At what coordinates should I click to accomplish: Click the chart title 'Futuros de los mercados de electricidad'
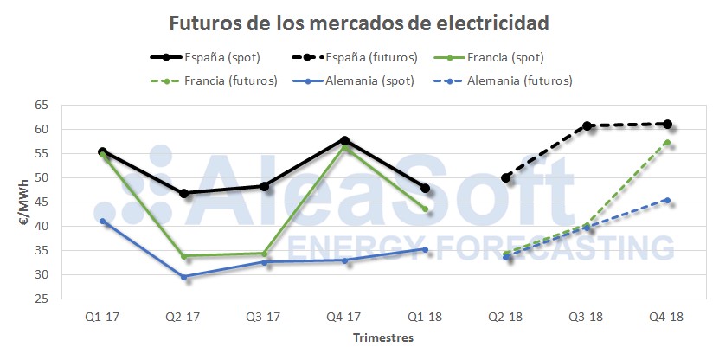pyautogui.click(x=359, y=22)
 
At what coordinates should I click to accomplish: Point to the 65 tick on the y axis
pyautogui.click(x=42, y=106)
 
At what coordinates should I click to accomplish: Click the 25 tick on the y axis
pyautogui.click(x=42, y=299)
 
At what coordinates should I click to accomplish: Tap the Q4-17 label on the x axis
pyautogui.click(x=344, y=317)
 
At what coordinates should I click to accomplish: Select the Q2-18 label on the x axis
pyautogui.click(x=506, y=317)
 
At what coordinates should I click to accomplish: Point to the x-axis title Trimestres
pyautogui.click(x=382, y=337)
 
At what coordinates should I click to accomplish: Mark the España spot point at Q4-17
pyautogui.click(x=344, y=140)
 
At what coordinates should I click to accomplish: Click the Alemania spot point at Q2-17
pyautogui.click(x=183, y=277)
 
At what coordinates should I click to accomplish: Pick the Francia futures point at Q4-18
pyautogui.click(x=667, y=143)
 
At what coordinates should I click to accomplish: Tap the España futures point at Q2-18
pyautogui.click(x=506, y=177)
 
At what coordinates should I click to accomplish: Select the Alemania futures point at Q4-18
pyautogui.click(x=667, y=200)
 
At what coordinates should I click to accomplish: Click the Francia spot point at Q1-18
pyautogui.click(x=425, y=209)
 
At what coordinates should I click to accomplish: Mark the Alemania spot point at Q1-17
pyautogui.click(x=103, y=221)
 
